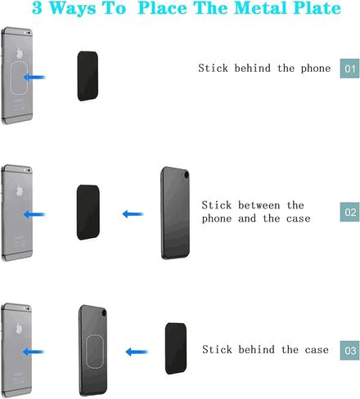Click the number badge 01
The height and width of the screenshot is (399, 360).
(349, 69)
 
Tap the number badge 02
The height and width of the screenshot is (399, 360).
(349, 212)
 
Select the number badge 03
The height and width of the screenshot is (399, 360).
(349, 350)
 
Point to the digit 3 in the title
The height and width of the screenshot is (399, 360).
(37, 8)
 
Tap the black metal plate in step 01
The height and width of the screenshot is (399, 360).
(88, 76)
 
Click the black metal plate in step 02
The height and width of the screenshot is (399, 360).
(88, 213)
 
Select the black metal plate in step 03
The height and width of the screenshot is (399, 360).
(176, 348)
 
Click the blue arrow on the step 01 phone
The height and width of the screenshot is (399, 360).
(34, 77)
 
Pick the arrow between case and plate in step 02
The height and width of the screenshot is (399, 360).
(133, 214)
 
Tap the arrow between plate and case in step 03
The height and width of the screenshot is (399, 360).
(137, 352)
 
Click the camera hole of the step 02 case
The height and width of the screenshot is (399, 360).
(187, 174)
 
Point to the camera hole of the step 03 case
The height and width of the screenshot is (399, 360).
(103, 312)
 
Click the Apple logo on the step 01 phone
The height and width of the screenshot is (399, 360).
(19, 53)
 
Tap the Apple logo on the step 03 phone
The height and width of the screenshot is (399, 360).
(19, 328)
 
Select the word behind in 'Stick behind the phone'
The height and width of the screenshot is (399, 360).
(253, 68)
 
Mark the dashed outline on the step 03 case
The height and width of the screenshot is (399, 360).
(87, 352)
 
